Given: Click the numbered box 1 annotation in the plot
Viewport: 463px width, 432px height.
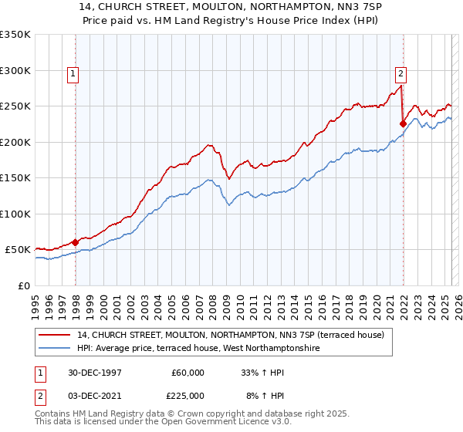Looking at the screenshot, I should pyautogui.click(x=72, y=75).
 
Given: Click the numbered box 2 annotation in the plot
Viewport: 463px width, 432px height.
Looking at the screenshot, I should pyautogui.click(x=400, y=75).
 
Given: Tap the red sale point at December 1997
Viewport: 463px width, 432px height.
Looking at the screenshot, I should pyautogui.click(x=76, y=242).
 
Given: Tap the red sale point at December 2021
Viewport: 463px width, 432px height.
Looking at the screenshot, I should pyautogui.click(x=403, y=123).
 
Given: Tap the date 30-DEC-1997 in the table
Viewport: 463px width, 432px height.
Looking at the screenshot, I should pyautogui.click(x=95, y=372).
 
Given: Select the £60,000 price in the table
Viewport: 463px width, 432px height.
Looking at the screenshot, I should pyautogui.click(x=188, y=372).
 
